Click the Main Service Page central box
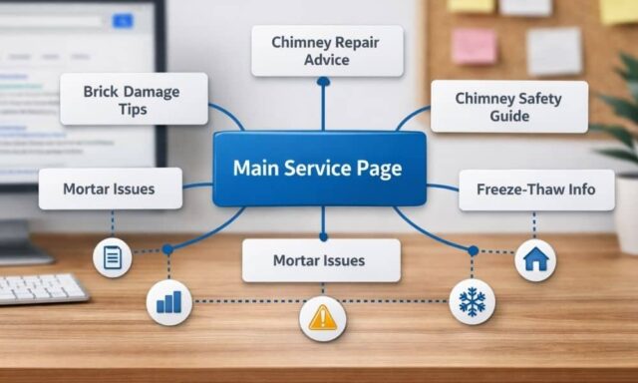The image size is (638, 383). (318, 168)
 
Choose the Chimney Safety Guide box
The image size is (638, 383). (508, 107)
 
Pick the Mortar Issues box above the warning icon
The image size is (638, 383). (320, 260)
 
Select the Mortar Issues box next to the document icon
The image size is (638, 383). (110, 189)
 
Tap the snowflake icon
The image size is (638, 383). (472, 301)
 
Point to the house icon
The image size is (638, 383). (535, 260)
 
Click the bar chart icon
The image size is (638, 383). (168, 301)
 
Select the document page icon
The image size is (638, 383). (113, 258)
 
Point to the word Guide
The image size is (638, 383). (507, 117)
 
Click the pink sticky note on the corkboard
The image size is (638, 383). (474, 46)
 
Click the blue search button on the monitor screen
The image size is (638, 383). (123, 20)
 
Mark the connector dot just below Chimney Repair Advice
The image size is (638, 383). (322, 83)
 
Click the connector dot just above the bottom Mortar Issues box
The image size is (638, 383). (322, 237)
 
